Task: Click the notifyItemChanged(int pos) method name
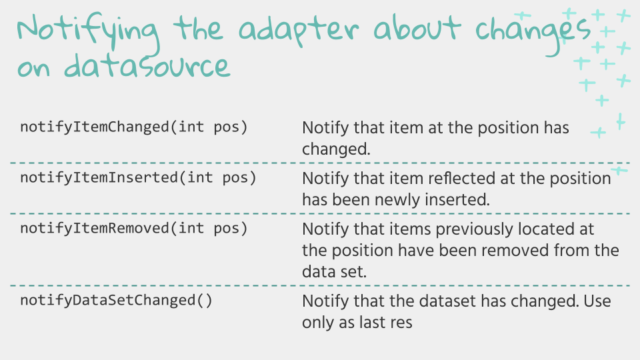(134, 127)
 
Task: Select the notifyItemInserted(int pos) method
(139, 178)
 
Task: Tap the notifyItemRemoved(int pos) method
(134, 229)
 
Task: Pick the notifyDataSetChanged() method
(116, 301)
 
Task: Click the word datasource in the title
(147, 65)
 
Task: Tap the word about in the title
(417, 28)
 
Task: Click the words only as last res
(357, 323)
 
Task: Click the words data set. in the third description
(334, 272)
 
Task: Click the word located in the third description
(545, 229)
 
